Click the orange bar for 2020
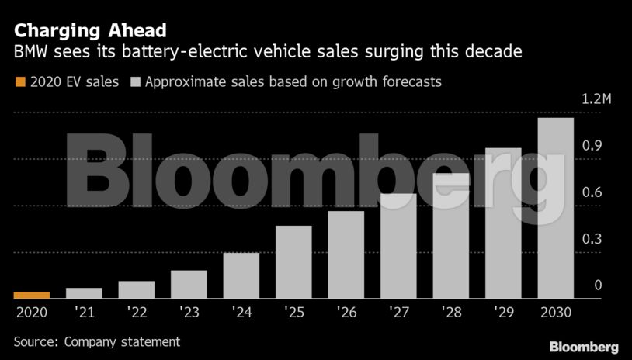(32, 295)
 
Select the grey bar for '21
(84, 293)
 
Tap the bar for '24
(241, 275)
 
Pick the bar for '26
(346, 254)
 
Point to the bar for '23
(189, 284)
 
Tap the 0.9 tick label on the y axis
(592, 146)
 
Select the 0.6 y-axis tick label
(592, 192)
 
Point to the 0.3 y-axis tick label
(592, 239)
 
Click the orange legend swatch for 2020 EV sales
(20, 81)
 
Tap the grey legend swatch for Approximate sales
(135, 81)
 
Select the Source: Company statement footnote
(96, 341)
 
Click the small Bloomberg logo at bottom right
(583, 347)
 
